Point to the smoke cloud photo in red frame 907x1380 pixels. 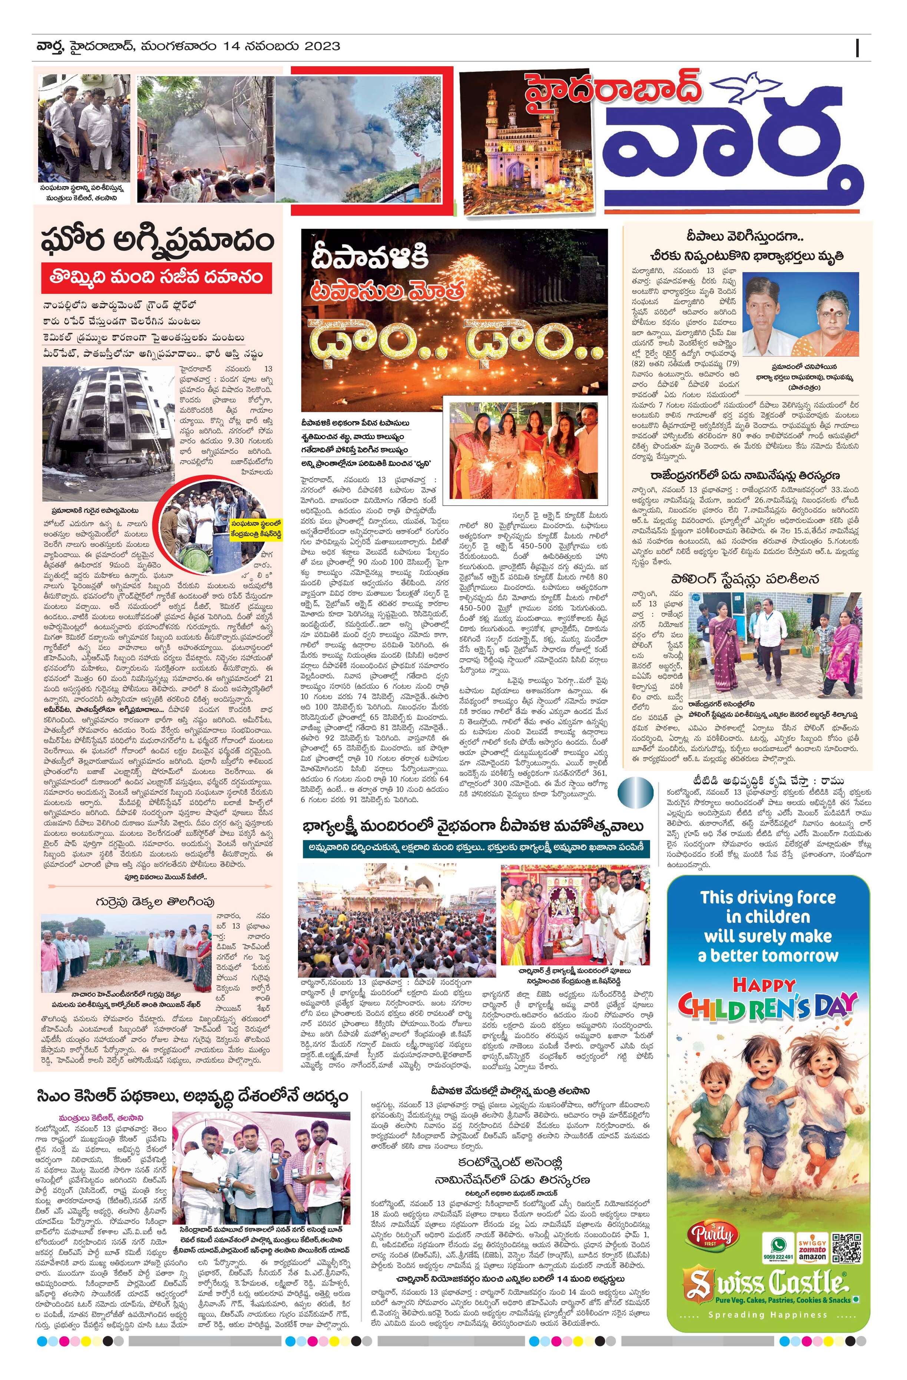[360, 137]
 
